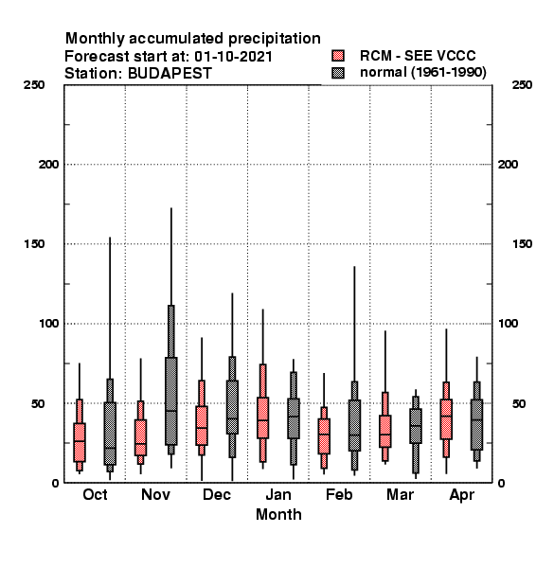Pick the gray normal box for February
(354, 426)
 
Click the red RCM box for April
(446, 419)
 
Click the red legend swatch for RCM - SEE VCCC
(338, 56)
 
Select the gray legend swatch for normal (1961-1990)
(338, 73)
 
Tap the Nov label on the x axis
(155, 495)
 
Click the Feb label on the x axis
(339, 495)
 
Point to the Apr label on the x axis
(461, 495)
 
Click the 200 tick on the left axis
(48, 165)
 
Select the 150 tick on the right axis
(522, 244)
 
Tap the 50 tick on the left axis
(38, 403)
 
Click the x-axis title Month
(278, 515)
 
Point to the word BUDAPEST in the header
(170, 74)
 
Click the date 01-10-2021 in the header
(233, 57)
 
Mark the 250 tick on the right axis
(522, 85)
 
